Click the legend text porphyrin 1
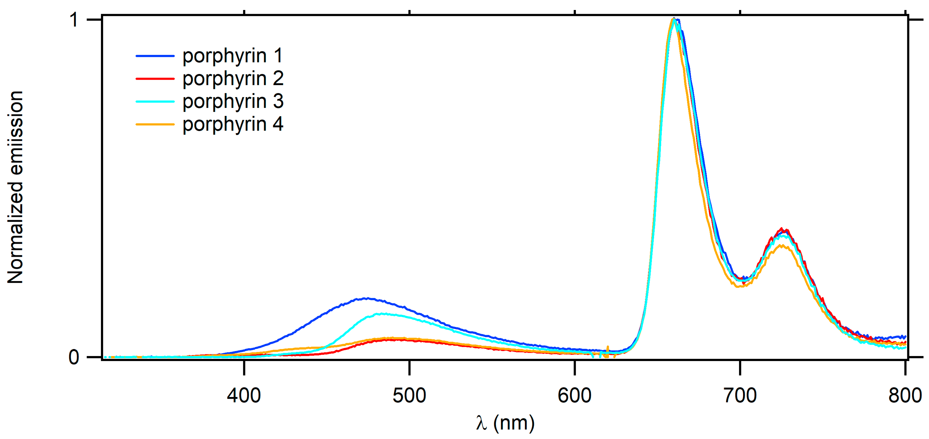point(233,56)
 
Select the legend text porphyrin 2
point(233,79)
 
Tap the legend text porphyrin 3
point(233,102)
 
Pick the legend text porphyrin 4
point(233,124)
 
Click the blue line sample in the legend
point(155,56)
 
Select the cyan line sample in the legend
point(155,102)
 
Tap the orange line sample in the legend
point(155,124)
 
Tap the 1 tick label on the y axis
point(74,19)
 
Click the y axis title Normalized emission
point(15,187)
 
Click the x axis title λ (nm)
point(505,423)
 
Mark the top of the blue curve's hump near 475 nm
point(366,298)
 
